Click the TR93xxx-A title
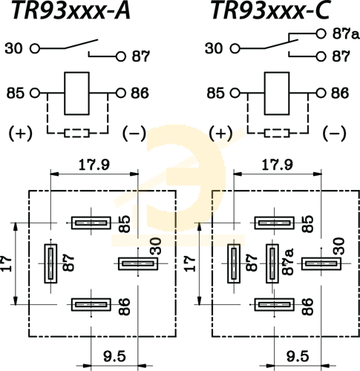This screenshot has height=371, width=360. [x=71, y=10]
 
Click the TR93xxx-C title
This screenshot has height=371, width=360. [x=270, y=10]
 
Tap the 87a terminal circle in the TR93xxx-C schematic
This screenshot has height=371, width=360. [x=321, y=33]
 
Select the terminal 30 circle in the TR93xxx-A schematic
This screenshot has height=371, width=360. [x=35, y=48]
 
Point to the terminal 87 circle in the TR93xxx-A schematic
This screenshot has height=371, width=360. [x=121, y=56]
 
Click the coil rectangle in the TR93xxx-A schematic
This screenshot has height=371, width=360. [x=76, y=93]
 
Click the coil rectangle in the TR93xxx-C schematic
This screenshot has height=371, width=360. [x=277, y=93]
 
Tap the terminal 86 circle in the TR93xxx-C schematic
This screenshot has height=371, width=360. [x=321, y=93]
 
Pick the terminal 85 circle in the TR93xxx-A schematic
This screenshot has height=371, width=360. [x=35, y=93]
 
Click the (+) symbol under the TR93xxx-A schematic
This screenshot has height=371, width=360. [x=21, y=133]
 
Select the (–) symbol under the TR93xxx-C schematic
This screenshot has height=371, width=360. [x=335, y=133]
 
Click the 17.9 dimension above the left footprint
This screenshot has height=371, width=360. [x=94, y=165]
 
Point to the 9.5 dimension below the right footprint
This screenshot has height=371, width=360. [x=298, y=356]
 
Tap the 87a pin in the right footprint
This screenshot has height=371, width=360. [x=272, y=263]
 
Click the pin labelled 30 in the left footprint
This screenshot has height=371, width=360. [x=138, y=263]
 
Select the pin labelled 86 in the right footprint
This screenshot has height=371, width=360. [x=275, y=304]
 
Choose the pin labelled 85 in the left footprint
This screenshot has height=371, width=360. [x=91, y=223]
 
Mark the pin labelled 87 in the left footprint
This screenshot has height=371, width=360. [x=50, y=263]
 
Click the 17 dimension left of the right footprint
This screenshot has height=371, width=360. [x=190, y=263]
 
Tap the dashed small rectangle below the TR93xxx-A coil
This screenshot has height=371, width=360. [x=76, y=133]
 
